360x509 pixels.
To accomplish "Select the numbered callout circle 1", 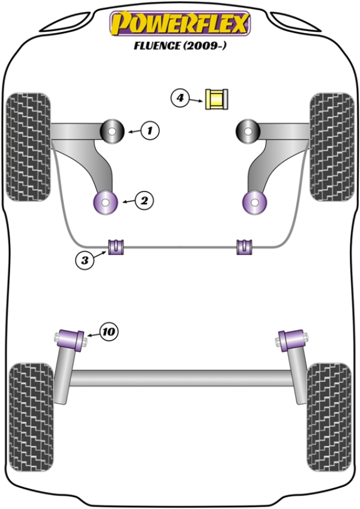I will (x=151, y=129).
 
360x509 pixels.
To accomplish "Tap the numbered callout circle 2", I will (x=144, y=201).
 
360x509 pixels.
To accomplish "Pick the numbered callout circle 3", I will (x=86, y=260).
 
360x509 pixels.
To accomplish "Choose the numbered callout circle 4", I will (x=180, y=97).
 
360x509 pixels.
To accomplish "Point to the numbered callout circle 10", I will (x=109, y=331).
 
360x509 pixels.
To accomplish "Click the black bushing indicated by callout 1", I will (x=112, y=130).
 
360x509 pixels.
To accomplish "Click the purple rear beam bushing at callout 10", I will (x=71, y=339).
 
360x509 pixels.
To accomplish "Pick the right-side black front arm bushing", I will (x=247, y=130).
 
